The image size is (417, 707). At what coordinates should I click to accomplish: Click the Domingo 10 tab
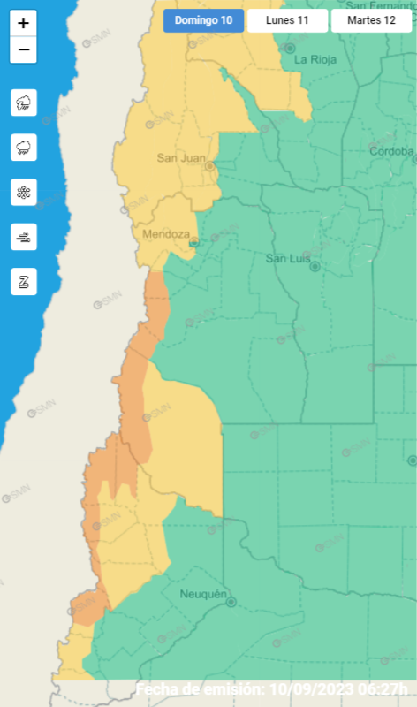point(203,20)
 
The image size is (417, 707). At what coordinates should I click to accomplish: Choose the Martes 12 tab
point(371,20)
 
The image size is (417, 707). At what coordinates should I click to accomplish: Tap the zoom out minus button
point(23,50)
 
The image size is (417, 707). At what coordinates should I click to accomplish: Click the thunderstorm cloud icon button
point(24,103)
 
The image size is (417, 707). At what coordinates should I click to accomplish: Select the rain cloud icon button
point(24,147)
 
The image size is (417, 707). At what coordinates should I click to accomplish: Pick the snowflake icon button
point(24,192)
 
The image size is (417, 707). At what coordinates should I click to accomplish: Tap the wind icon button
point(24,237)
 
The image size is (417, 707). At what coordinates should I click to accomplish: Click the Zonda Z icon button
point(24,282)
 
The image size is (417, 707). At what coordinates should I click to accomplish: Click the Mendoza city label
point(165,234)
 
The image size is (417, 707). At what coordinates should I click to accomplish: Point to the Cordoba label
point(390,151)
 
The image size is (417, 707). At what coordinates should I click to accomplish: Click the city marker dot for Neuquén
point(231,602)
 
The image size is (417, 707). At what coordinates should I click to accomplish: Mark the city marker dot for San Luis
point(314,265)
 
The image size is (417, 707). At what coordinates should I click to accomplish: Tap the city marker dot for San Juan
point(210,165)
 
